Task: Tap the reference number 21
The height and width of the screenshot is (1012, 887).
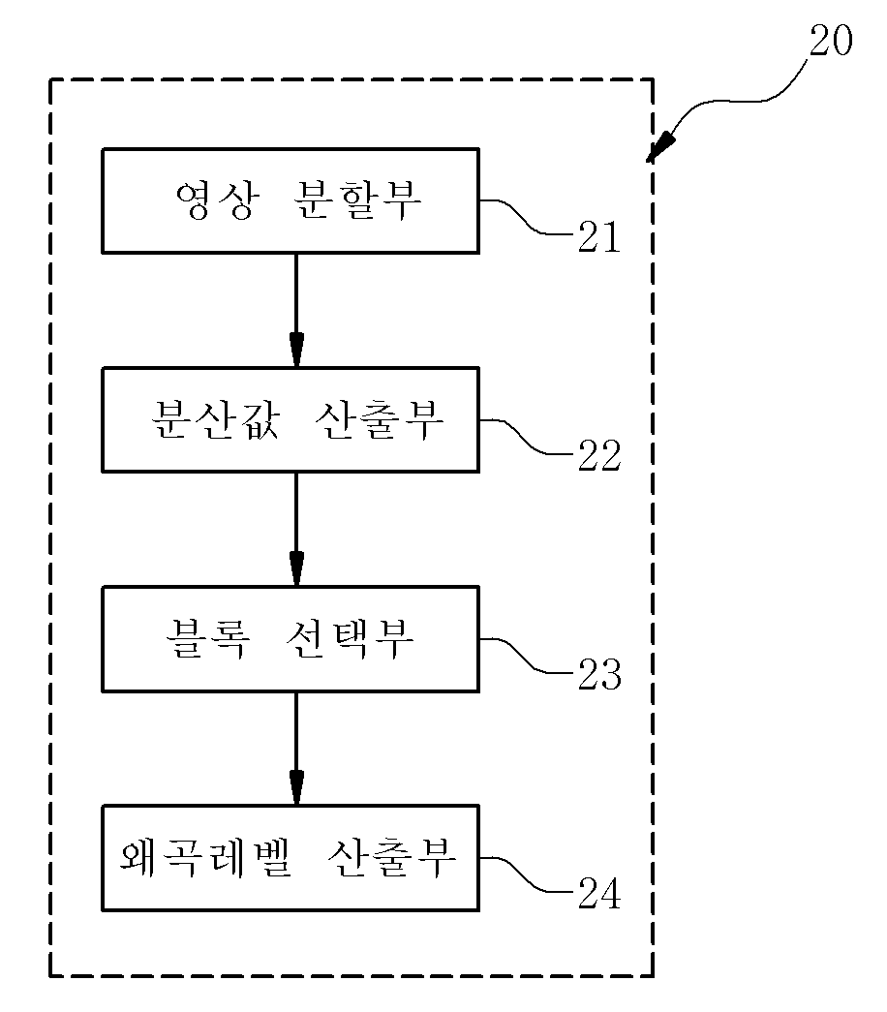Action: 599,236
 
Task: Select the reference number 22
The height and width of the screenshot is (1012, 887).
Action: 599,455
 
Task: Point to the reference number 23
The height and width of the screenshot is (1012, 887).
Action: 599,674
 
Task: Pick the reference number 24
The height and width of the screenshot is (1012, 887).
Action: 599,893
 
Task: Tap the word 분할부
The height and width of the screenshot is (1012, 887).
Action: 357,200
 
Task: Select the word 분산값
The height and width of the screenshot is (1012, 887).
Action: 215,419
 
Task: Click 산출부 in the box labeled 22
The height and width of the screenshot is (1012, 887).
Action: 380,419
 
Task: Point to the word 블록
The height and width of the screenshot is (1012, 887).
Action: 208,638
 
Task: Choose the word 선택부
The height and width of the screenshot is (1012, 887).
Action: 350,638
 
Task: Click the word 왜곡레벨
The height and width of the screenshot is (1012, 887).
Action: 206,858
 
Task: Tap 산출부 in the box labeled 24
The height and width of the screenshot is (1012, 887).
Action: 392,858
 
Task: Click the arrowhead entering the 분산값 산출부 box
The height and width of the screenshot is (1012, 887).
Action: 296,350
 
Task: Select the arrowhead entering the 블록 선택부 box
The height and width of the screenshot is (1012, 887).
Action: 296,568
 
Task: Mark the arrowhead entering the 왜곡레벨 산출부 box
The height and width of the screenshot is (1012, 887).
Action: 296,788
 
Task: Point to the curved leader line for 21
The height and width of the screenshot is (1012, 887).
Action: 528,218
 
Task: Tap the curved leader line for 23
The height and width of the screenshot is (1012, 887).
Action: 528,656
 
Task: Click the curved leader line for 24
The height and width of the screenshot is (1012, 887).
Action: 528,875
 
